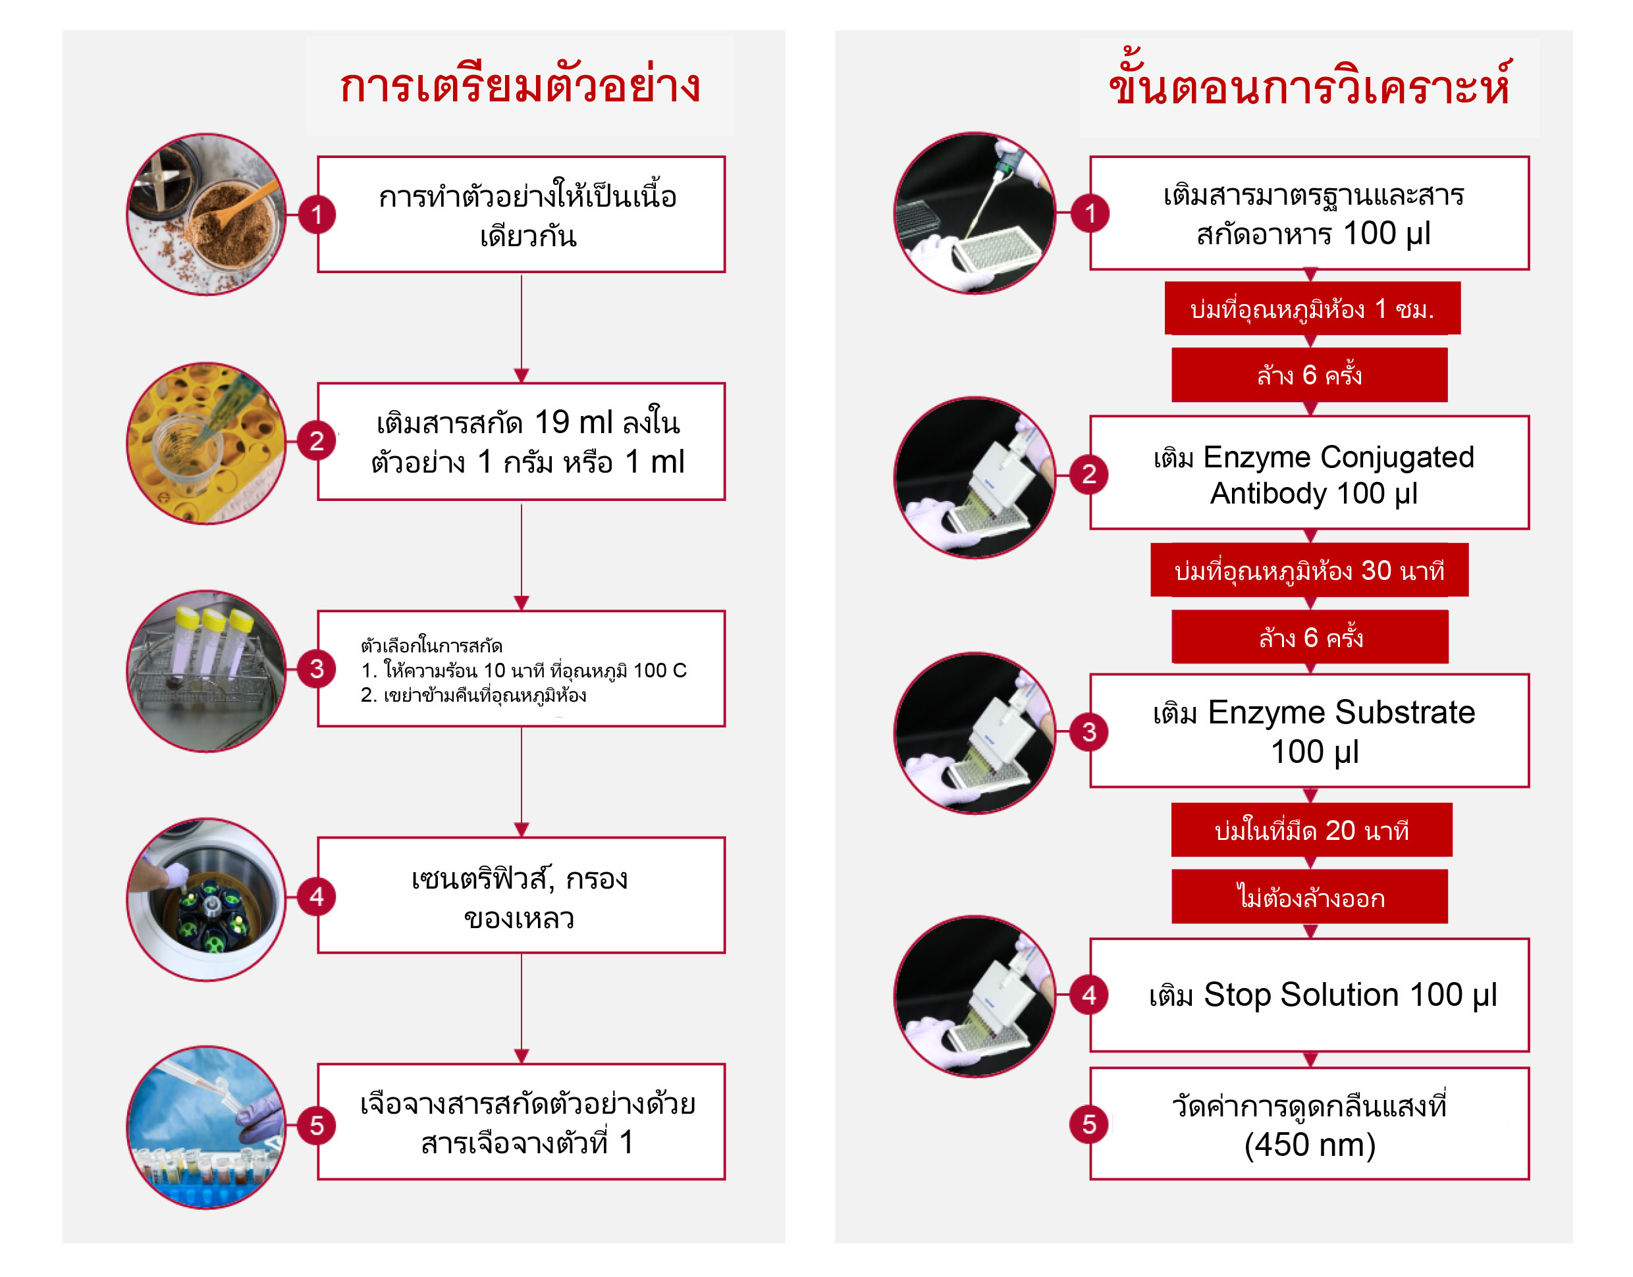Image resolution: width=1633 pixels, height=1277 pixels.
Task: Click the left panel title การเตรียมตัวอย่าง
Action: (x=520, y=84)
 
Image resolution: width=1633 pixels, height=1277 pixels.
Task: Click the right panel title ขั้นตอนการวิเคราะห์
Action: (x=1309, y=81)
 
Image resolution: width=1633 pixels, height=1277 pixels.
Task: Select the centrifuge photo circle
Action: (x=206, y=899)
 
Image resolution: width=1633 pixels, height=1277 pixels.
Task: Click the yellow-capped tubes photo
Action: (x=206, y=671)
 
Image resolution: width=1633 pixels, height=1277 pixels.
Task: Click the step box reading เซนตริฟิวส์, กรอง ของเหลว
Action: (x=521, y=895)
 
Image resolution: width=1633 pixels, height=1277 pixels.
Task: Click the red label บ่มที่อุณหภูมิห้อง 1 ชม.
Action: (x=1312, y=308)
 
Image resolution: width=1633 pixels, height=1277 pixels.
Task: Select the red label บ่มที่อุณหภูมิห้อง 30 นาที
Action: (x=1309, y=571)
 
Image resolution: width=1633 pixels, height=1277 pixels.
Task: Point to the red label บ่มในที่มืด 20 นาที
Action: (x=1312, y=830)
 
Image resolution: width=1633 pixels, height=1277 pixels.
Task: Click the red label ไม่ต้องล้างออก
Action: (x=1309, y=897)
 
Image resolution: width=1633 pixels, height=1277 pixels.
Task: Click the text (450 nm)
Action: (x=1309, y=1145)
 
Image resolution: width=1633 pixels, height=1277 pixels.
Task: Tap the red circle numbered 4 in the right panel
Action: (x=1088, y=995)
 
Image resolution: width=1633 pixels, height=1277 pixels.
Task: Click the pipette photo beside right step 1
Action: (x=975, y=213)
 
